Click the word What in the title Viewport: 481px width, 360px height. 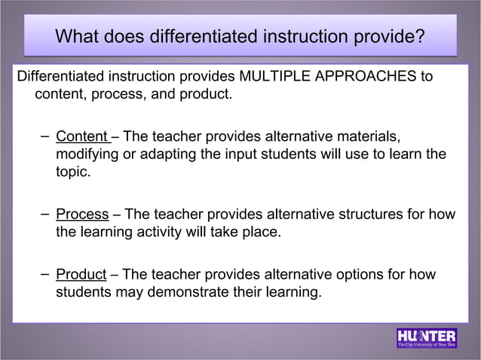[79, 36]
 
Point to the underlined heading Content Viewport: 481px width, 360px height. [82, 136]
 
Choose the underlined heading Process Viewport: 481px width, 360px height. [82, 214]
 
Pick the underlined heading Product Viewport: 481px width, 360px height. [81, 273]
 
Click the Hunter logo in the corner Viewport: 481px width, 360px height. [427, 338]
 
